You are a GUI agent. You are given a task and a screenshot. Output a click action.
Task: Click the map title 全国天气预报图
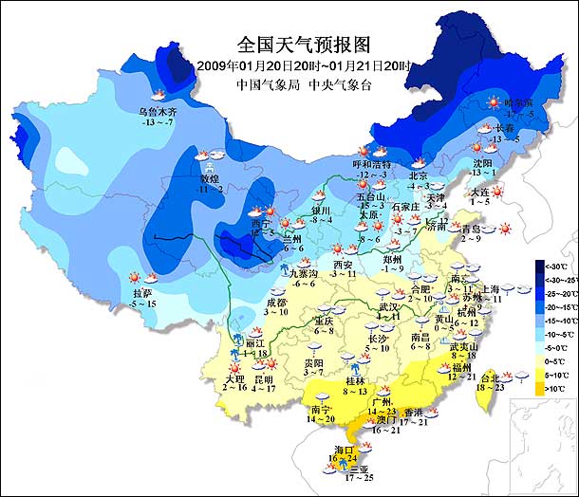click(302, 44)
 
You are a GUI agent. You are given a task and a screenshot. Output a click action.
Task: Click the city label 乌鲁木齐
click(158, 111)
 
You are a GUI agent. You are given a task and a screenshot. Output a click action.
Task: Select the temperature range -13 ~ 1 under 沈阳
click(481, 173)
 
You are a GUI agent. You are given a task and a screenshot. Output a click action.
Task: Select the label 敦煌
click(209, 178)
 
